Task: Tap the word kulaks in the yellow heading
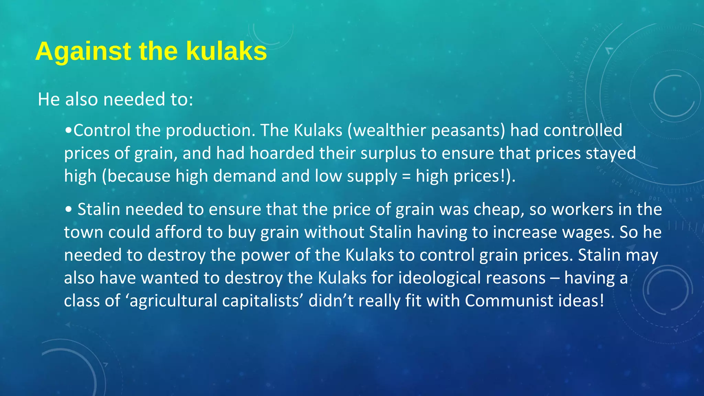pos(227,52)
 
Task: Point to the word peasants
pos(468,131)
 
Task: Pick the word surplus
pos(388,153)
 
